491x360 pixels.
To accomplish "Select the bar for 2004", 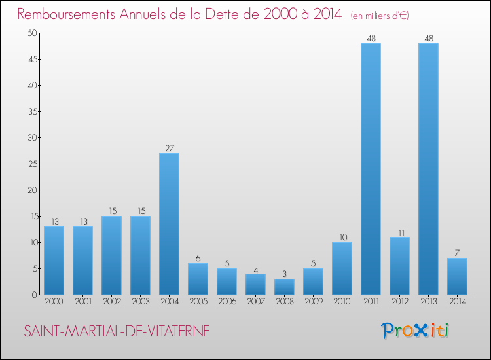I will click(x=169, y=224).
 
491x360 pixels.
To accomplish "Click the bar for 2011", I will click(x=371, y=169).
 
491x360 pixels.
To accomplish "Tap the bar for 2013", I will click(x=428, y=169).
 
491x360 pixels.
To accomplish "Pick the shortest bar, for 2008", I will click(x=284, y=287).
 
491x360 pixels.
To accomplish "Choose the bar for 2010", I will click(x=342, y=268).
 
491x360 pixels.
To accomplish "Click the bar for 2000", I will click(x=54, y=261).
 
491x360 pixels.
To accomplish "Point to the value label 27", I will click(x=169, y=149).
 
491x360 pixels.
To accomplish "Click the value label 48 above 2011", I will click(x=371, y=39).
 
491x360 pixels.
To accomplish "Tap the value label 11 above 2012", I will click(x=399, y=232).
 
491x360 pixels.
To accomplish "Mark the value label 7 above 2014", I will click(x=457, y=253).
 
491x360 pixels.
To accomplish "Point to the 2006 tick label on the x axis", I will click(x=227, y=302).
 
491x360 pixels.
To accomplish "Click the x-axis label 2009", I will click(x=313, y=302).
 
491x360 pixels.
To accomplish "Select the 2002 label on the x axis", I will click(x=111, y=302).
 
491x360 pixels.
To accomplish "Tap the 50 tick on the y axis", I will click(x=31, y=33).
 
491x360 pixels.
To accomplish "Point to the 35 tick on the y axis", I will click(x=31, y=112).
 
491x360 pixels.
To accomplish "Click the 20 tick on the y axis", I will click(x=31, y=190).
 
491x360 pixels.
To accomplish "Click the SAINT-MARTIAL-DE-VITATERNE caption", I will click(x=117, y=331).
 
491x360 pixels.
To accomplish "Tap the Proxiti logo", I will click(x=416, y=331).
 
